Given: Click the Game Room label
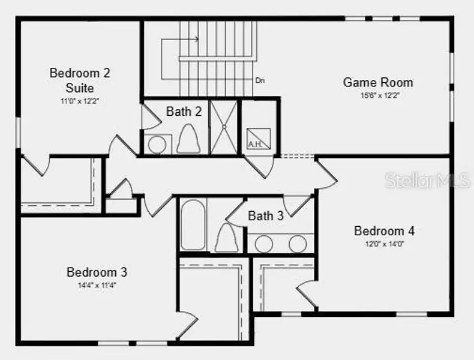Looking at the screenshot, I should [377, 82].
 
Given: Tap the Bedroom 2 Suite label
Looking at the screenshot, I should [80, 80].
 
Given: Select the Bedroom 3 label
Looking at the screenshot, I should [97, 272].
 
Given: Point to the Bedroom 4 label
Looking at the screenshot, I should [384, 231].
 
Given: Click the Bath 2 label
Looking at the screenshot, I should [184, 112].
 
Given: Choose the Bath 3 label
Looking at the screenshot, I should [266, 216].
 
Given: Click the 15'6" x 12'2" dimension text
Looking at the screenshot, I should [379, 95].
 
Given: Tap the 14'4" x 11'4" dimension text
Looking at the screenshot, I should [97, 285].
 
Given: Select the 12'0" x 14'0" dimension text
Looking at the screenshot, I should [384, 244].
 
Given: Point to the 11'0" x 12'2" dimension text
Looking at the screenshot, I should [80, 101].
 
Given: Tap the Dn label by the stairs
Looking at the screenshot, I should [260, 80].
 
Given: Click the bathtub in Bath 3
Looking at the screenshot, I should [194, 225].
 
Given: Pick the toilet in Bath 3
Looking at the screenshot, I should [227, 238].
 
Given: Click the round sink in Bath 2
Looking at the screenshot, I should [157, 145].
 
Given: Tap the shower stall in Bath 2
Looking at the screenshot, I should [224, 127].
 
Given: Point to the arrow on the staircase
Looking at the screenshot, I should [196, 40].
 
